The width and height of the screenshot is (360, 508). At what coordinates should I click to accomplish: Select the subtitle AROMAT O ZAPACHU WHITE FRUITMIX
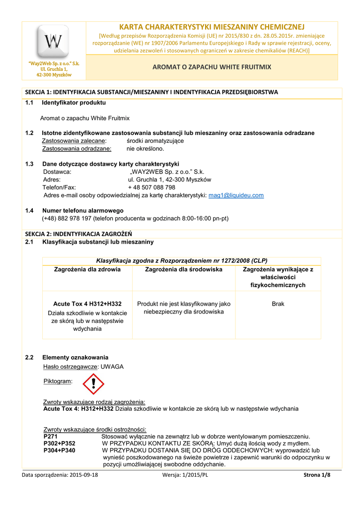pos(212,66)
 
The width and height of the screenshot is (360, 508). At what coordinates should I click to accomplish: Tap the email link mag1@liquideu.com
pos(236,195)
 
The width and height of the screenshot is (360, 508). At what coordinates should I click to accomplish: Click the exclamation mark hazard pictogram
pos(93,384)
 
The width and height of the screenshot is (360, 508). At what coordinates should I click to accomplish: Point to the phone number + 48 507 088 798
pos(151,188)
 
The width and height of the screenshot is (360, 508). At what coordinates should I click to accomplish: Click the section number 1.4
pos(29,211)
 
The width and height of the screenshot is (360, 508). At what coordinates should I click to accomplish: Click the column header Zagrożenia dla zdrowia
pos(87,269)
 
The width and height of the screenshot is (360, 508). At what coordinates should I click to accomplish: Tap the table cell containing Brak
pos(278,304)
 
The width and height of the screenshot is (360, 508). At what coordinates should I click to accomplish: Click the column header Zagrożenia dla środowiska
pos(183,269)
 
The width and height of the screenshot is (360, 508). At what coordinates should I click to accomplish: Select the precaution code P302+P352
pos(60,444)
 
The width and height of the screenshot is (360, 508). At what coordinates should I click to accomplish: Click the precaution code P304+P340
pos(60,450)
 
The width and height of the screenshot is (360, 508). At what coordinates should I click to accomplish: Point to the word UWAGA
pos(112,367)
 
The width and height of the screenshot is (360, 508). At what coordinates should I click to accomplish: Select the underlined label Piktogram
pos(58,381)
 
